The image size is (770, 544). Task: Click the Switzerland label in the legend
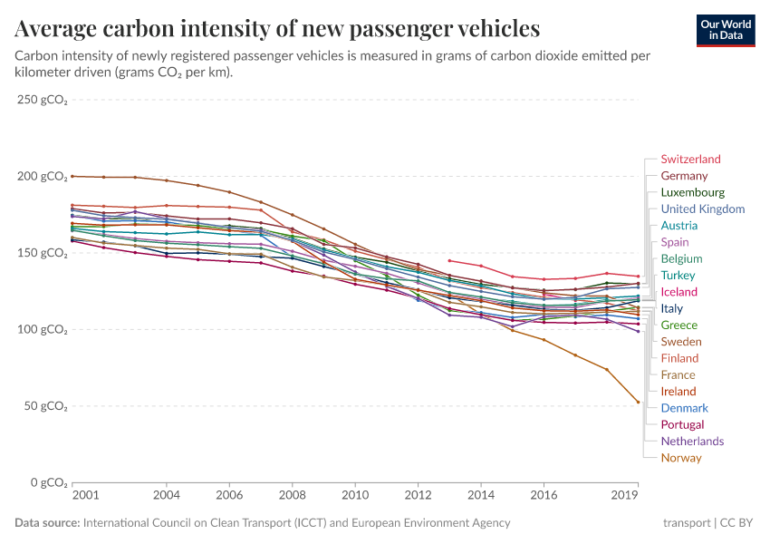[x=690, y=160]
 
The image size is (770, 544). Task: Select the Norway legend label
[x=681, y=458]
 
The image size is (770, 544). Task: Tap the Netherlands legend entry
[x=692, y=442]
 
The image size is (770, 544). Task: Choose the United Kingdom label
[x=703, y=209]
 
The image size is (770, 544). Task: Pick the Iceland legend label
[x=679, y=292]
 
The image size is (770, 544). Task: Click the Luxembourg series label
[x=692, y=193]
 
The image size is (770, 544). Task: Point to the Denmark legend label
[x=684, y=408]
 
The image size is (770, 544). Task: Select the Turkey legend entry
[x=679, y=276]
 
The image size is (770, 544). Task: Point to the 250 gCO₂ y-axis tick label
[x=43, y=100]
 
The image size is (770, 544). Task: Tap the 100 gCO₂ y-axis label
[x=43, y=329]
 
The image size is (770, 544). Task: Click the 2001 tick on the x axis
[x=84, y=496]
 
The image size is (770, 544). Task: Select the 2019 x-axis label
[x=625, y=496]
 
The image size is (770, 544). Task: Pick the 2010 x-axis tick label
[x=355, y=496]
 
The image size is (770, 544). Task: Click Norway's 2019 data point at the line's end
[x=639, y=403]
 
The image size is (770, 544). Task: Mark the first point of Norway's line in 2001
[x=72, y=176]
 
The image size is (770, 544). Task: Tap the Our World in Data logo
[x=726, y=30]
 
